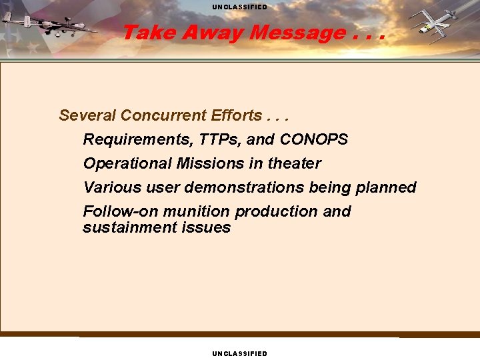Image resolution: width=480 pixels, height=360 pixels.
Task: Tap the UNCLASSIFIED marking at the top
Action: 240,7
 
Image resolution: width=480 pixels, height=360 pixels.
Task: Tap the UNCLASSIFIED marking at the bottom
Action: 240,353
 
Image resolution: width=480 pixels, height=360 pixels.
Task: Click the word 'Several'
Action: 87,115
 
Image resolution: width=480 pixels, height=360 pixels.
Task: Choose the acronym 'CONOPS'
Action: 313,139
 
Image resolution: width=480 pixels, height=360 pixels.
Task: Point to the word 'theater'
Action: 294,163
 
